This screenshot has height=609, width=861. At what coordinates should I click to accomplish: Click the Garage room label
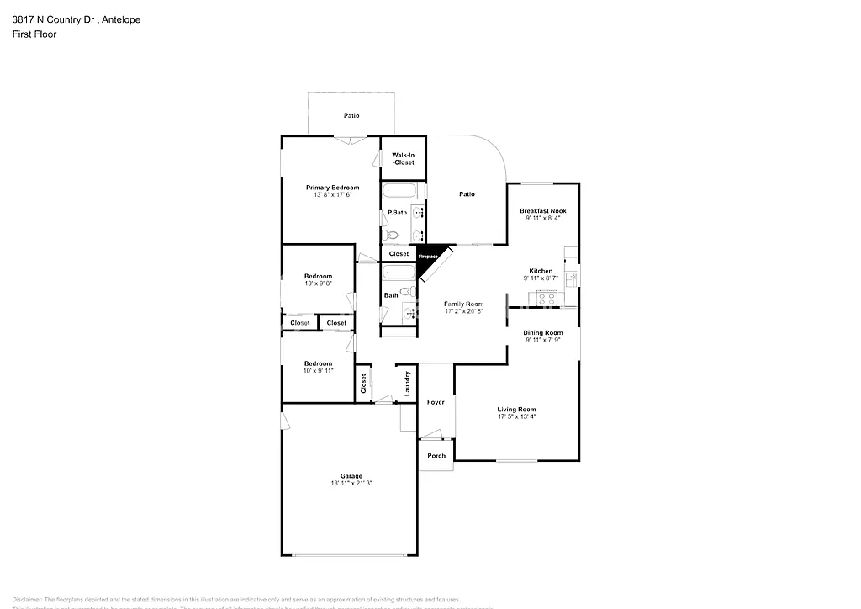351,476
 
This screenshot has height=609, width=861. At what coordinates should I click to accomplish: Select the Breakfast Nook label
542,210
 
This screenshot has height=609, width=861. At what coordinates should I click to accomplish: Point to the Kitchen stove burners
547,296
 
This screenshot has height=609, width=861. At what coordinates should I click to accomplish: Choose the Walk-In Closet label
397,158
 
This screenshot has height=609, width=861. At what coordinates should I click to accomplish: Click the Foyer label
436,402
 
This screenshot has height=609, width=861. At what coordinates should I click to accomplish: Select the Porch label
436,456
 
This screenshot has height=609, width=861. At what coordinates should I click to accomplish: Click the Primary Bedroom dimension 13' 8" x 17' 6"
332,194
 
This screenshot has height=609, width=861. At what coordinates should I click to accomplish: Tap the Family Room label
464,304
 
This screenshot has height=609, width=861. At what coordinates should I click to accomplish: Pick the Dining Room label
543,333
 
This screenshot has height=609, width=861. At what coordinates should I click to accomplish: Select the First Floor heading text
34,34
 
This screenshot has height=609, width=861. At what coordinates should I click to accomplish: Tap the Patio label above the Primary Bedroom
351,115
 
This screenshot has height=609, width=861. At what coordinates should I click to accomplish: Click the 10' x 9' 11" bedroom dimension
318,371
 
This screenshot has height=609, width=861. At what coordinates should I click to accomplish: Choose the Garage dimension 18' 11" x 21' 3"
351,484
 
